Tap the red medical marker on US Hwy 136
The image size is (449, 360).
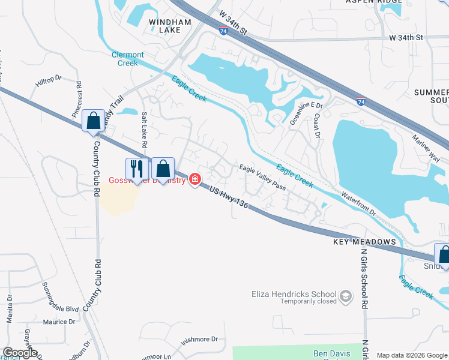(x=194, y=179)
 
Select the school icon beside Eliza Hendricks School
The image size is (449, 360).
(x=345, y=296)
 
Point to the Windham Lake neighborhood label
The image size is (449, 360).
(x=170, y=26)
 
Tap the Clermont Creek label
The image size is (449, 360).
(x=128, y=59)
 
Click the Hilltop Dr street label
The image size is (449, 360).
(x=49, y=79)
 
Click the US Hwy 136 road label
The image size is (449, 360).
(x=229, y=197)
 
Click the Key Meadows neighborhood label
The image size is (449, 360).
(x=365, y=242)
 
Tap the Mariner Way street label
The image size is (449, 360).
(x=426, y=146)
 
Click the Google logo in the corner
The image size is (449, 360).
(x=20, y=353)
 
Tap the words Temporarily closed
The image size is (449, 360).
(x=309, y=301)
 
